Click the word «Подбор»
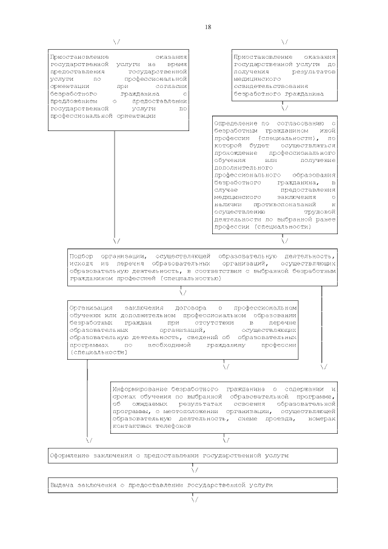pos(81,257)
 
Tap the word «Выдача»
pos(63,485)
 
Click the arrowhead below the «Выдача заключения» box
pos(195,500)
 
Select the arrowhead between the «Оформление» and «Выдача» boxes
pos(195,470)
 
